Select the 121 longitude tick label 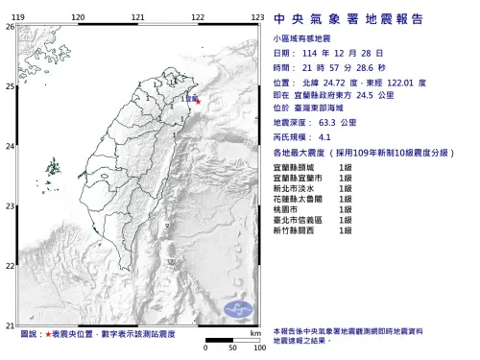(138, 18)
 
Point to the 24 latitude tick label (10, 146)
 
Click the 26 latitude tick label (10, 27)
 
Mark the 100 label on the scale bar (258, 347)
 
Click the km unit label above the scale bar (254, 332)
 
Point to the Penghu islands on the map (49, 173)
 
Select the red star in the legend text (48, 334)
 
